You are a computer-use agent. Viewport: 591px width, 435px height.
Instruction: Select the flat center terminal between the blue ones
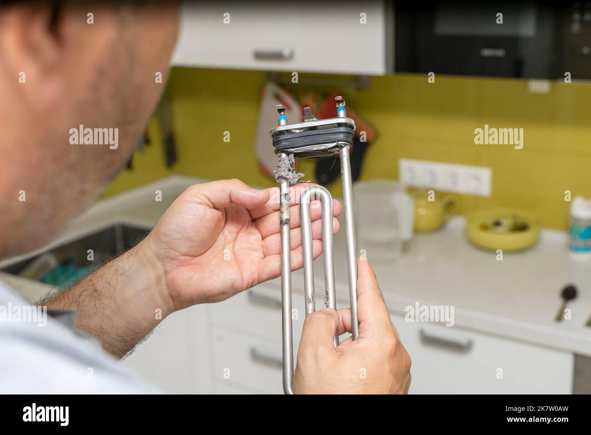pyautogui.click(x=310, y=112)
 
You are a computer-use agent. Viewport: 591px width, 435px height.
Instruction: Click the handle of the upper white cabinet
pyautogui.click(x=273, y=55)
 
